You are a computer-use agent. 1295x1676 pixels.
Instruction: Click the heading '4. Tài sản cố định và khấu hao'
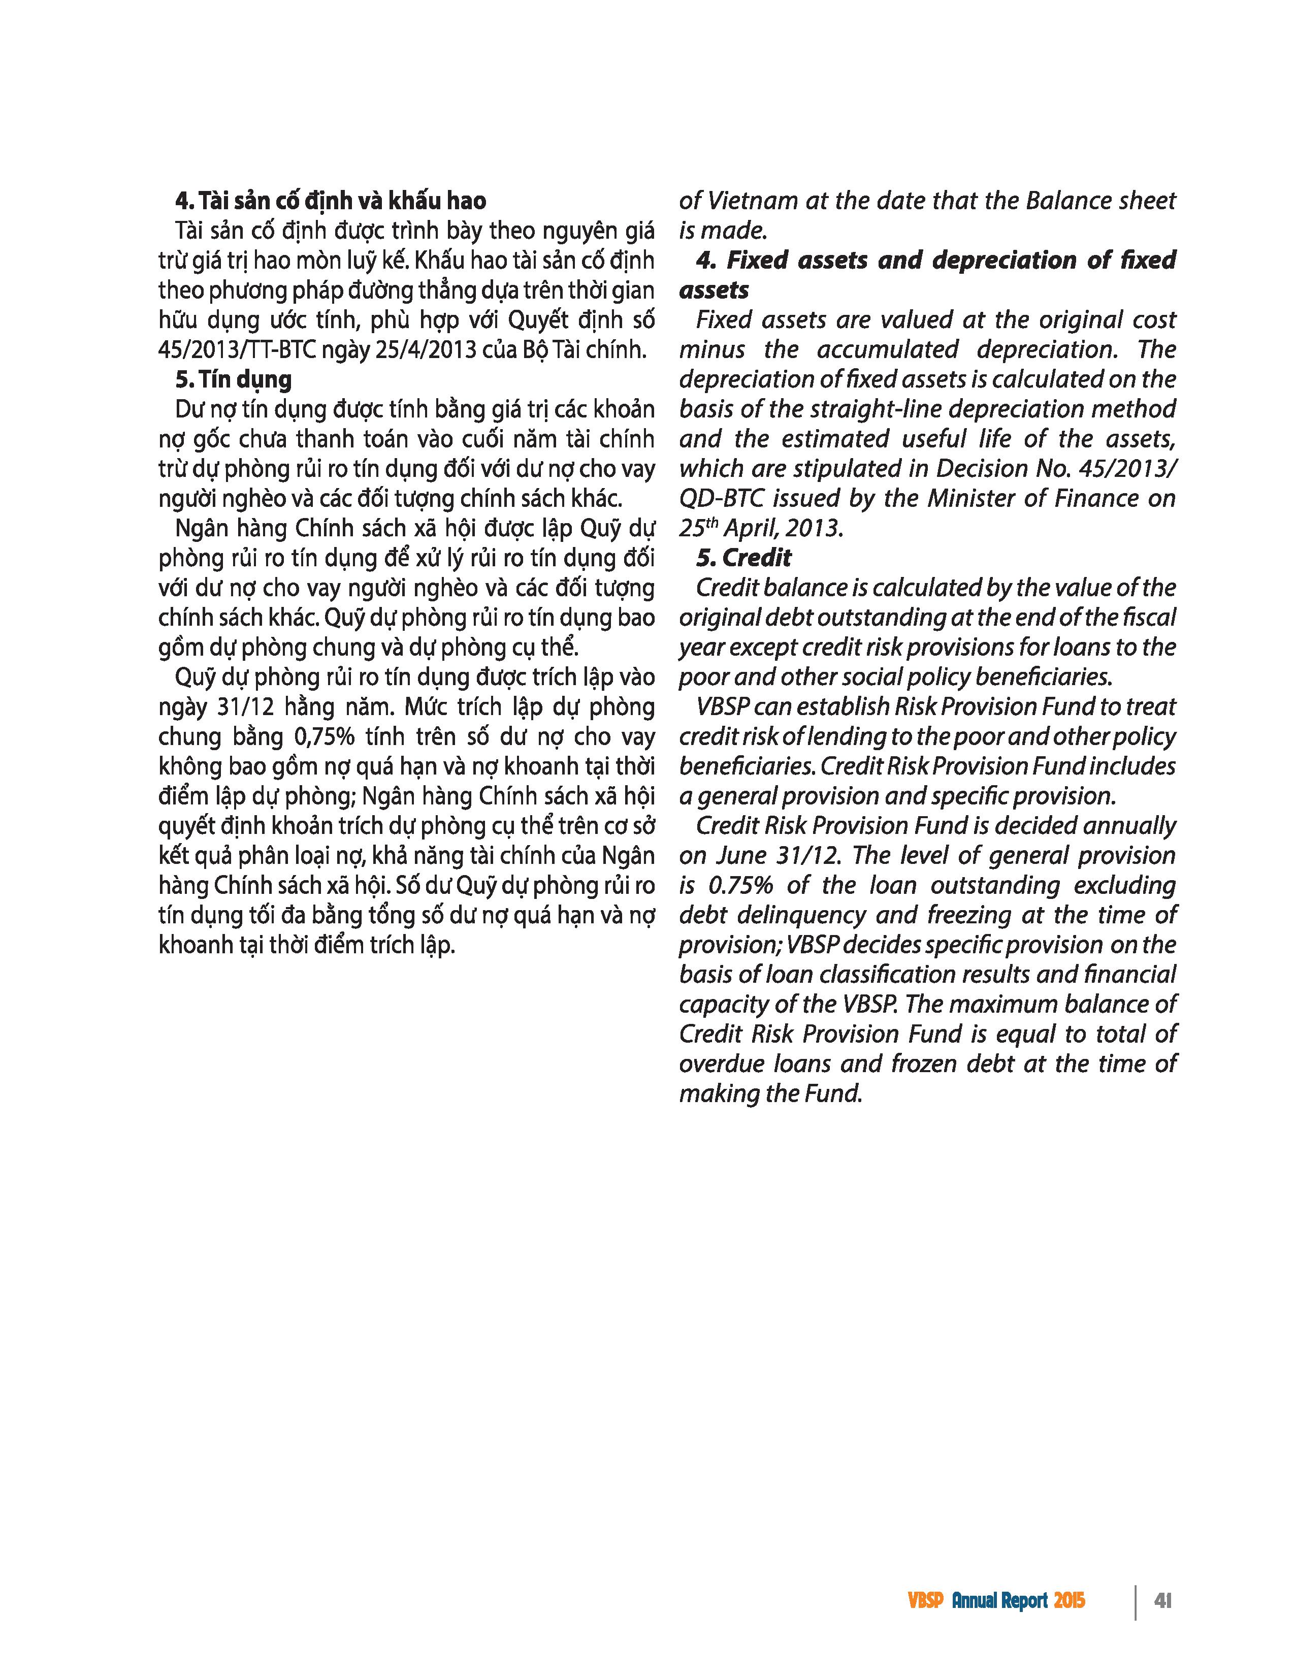[x=330, y=201]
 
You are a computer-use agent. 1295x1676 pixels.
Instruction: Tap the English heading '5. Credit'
[x=743, y=558]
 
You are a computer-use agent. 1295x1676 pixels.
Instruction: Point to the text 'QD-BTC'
[x=721, y=499]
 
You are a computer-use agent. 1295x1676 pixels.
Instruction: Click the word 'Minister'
[x=971, y=499]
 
